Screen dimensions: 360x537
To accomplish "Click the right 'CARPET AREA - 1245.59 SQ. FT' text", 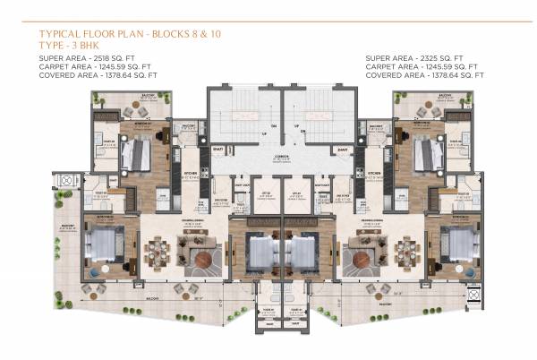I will point(424,67).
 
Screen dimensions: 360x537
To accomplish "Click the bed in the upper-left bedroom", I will point(135,155).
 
